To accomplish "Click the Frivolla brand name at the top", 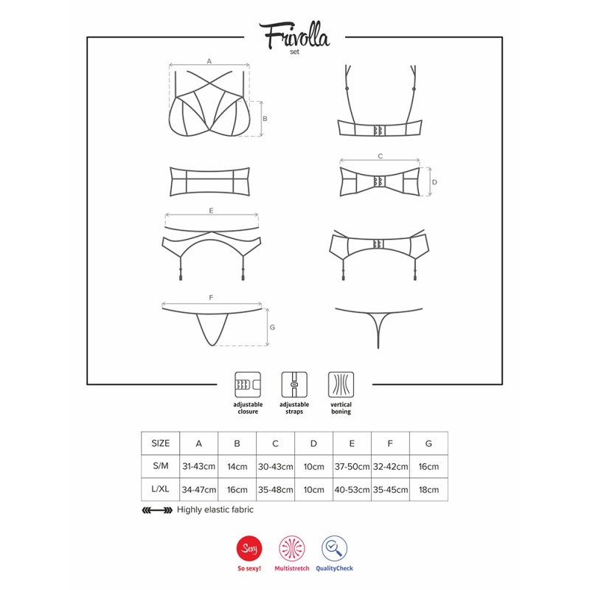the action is pyautogui.click(x=294, y=35).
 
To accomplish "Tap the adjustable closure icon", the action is pyautogui.click(x=248, y=384).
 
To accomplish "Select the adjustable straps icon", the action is pyautogui.click(x=294, y=384).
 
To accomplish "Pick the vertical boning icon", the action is pyautogui.click(x=341, y=384).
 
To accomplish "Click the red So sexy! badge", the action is pyautogui.click(x=249, y=548).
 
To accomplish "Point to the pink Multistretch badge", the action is pyautogui.click(x=291, y=548).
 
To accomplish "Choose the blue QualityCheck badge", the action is pyautogui.click(x=334, y=548).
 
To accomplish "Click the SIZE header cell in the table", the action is pyautogui.click(x=161, y=443).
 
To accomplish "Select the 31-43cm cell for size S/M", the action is pyautogui.click(x=198, y=467).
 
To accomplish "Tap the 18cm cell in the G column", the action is pyautogui.click(x=428, y=490).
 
